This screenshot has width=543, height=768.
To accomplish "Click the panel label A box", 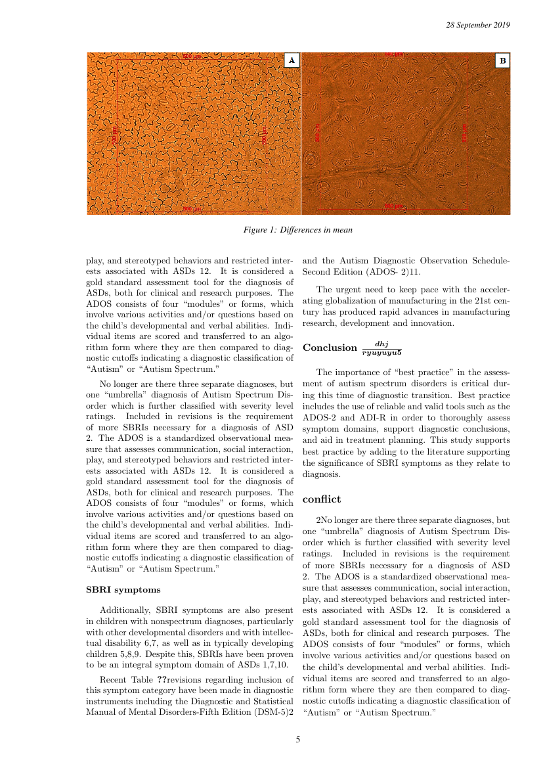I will click(x=292, y=60).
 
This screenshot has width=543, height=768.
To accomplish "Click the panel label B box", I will click(x=502, y=61).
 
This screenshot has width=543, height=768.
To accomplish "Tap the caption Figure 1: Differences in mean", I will click(x=297, y=230).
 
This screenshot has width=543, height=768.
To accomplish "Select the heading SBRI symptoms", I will click(x=123, y=589).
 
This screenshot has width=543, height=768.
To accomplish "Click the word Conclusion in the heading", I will click(x=329, y=348).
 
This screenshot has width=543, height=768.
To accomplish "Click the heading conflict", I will click(x=322, y=500).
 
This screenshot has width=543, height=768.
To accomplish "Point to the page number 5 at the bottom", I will click(x=298, y=740).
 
